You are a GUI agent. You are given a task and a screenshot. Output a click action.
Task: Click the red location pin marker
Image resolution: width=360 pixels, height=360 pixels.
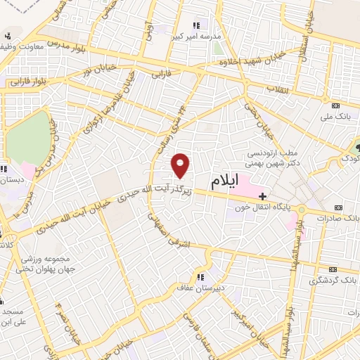click(181, 165)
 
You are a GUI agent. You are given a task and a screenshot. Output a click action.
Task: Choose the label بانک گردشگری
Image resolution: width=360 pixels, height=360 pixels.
click(332, 281)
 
